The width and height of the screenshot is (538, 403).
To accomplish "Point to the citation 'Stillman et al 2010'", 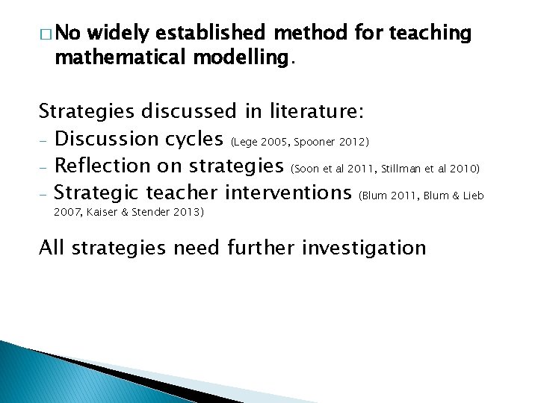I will [431, 169].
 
